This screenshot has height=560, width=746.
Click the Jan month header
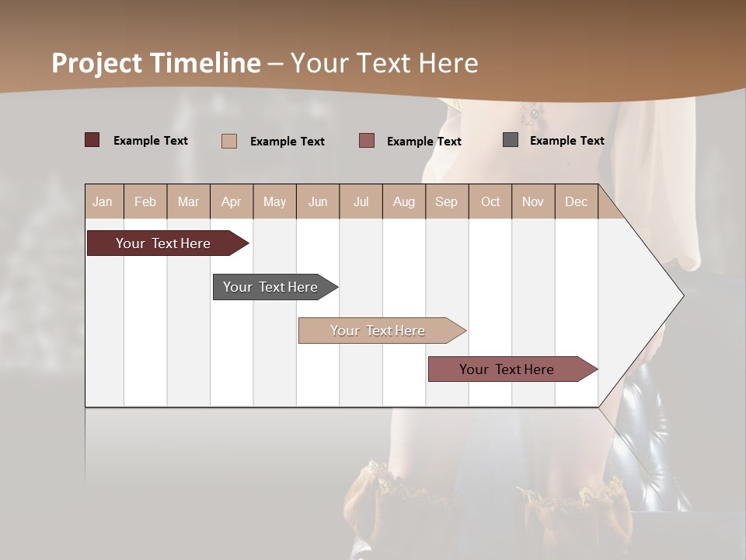tap(103, 201)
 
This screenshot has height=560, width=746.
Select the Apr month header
tap(231, 201)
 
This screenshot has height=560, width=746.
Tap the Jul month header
tap(361, 201)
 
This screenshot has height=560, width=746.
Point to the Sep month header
tap(446, 201)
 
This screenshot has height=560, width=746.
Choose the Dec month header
tap(576, 201)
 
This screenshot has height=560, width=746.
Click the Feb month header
tap(145, 201)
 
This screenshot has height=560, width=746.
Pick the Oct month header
tap(490, 201)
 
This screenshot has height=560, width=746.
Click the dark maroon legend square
tap(92, 140)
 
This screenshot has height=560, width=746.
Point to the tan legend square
tap(228, 141)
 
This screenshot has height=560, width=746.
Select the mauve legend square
tap(367, 140)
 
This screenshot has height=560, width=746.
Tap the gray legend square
tap(511, 140)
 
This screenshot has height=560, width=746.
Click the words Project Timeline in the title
tap(156, 63)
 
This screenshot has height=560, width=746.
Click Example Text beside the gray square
tap(566, 140)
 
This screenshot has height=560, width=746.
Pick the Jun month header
tap(318, 201)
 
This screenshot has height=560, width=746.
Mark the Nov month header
tap(532, 201)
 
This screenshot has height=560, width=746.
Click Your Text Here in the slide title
tap(384, 63)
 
